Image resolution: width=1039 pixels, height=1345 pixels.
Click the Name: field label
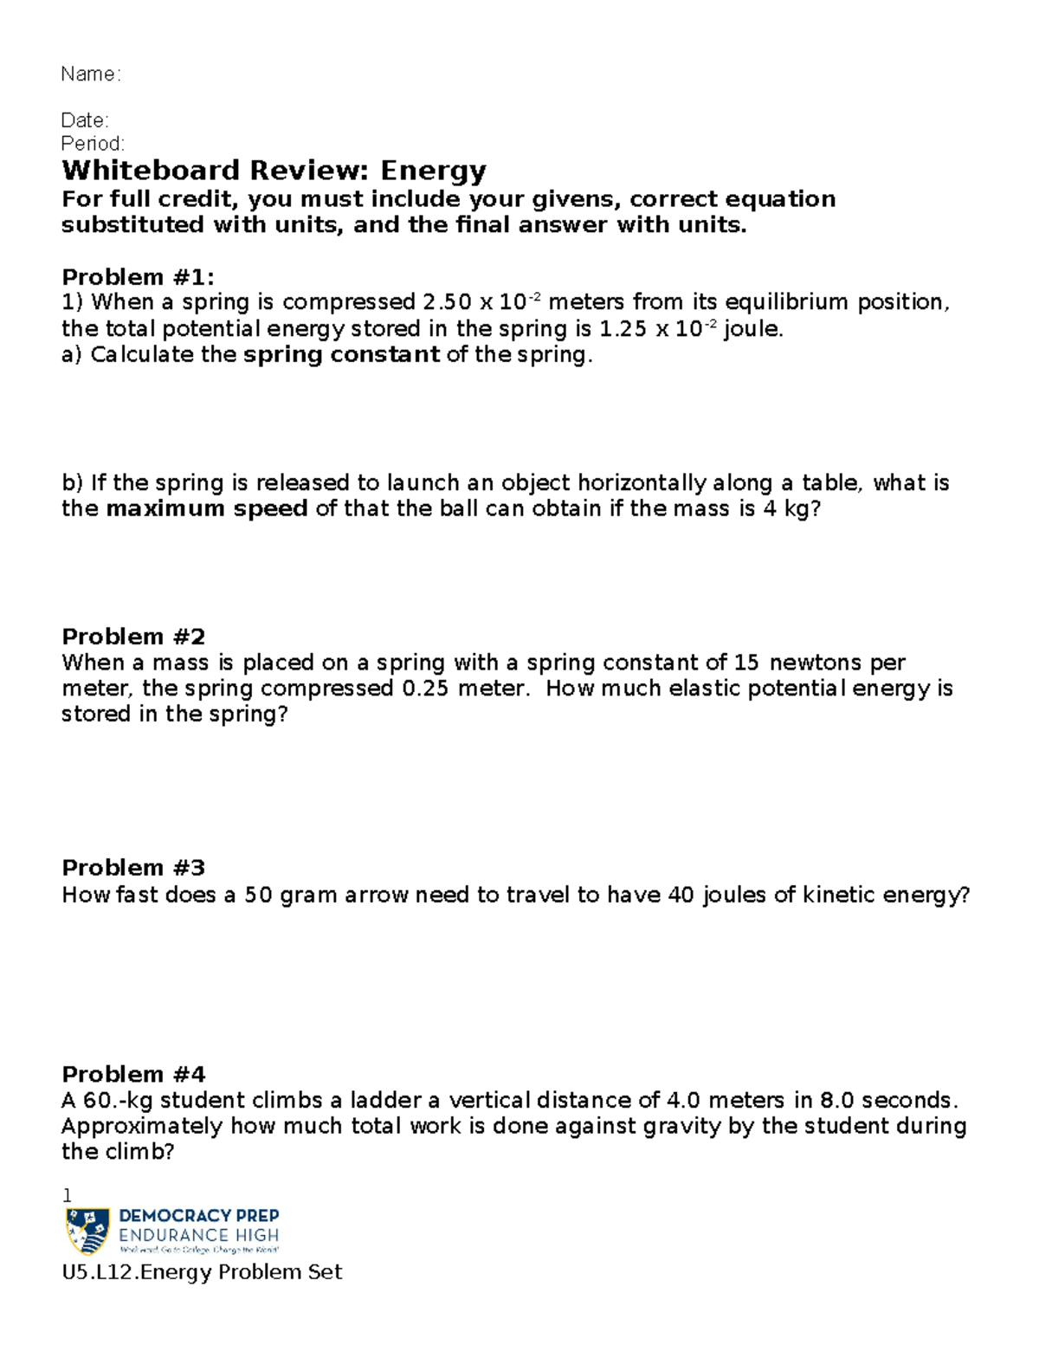tap(90, 74)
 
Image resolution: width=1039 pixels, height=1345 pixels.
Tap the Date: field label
tap(84, 120)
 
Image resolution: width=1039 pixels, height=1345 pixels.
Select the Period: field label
tap(92, 143)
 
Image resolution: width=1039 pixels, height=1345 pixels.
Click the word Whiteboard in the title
tap(150, 170)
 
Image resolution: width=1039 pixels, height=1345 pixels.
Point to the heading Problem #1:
tap(138, 277)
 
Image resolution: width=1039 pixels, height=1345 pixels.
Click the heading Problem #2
tap(133, 637)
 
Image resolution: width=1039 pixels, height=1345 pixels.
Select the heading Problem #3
tap(133, 868)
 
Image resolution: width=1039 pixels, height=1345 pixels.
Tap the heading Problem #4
tap(133, 1075)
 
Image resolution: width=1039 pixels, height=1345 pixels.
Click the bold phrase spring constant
tap(342, 354)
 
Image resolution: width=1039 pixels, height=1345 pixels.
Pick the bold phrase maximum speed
tap(207, 508)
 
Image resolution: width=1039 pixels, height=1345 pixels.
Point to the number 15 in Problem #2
tap(745, 663)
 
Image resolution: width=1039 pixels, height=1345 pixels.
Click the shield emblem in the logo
tap(87, 1231)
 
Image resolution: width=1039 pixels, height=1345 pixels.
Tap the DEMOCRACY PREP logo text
tap(198, 1216)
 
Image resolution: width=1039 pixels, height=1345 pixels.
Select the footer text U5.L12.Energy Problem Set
tap(202, 1272)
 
